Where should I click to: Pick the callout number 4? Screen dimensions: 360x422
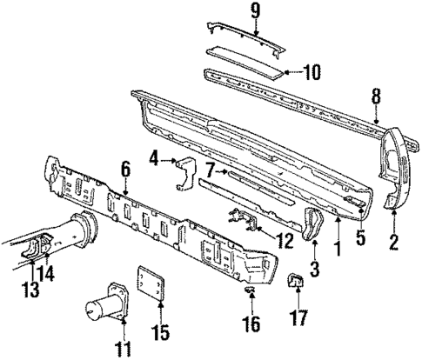tap(153, 158)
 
